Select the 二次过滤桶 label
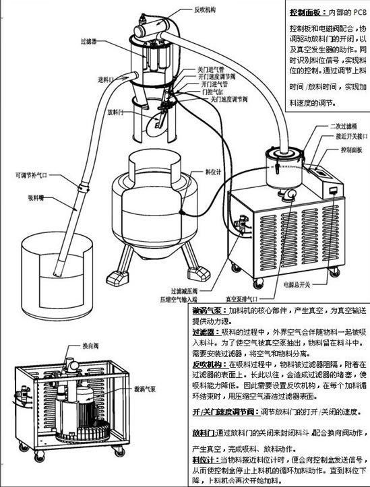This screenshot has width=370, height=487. (342, 126)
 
